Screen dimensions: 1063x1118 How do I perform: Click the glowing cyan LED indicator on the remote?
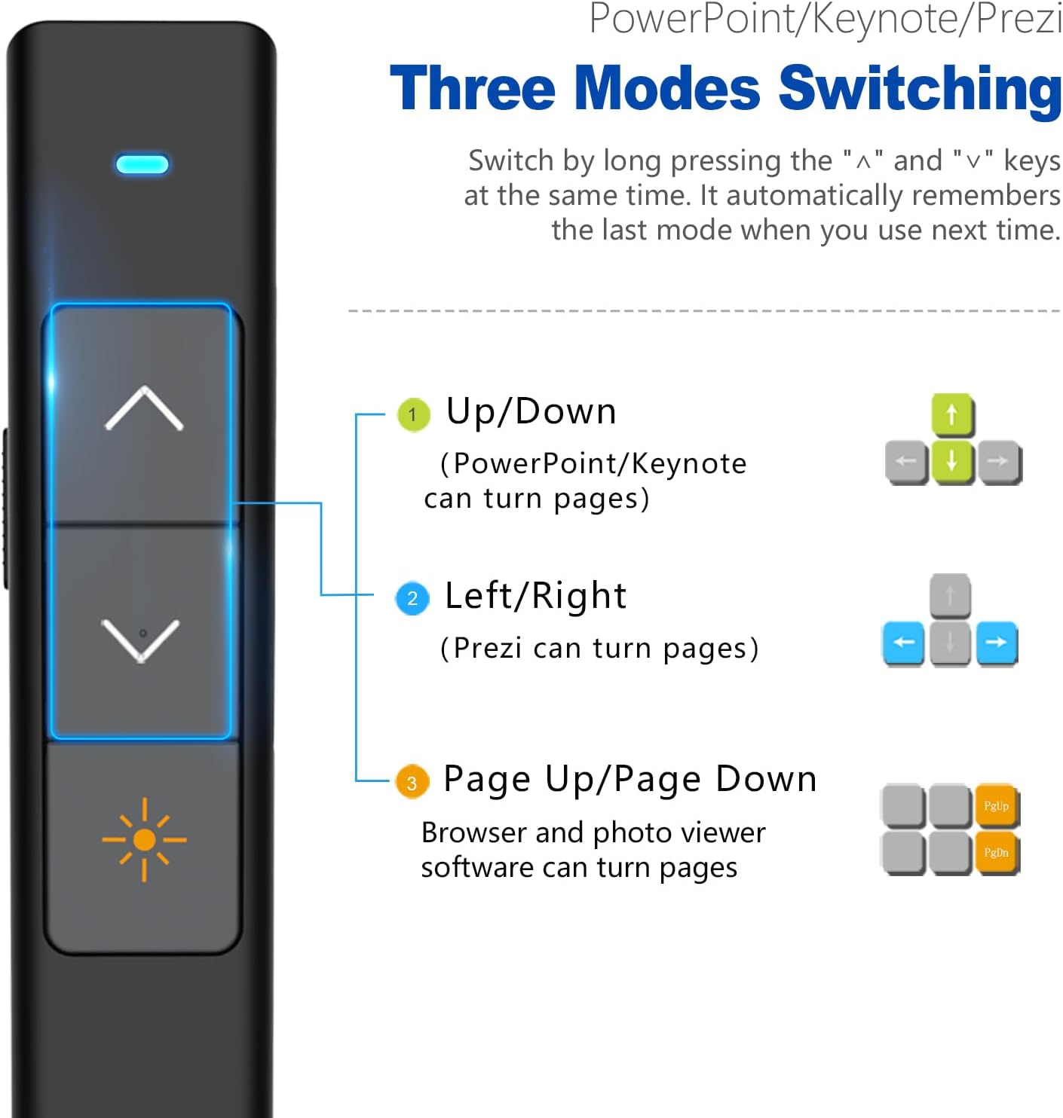tap(142, 164)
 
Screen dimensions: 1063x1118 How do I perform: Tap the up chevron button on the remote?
tap(144, 408)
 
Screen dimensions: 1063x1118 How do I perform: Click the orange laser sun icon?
tap(144, 839)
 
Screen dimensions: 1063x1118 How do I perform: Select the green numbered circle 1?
tap(414, 414)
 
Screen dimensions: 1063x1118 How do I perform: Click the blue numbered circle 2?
tap(412, 598)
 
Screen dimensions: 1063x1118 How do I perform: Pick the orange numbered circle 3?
tap(412, 782)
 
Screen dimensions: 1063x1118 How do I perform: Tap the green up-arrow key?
tap(952, 414)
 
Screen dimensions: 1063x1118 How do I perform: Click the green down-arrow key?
tap(952, 461)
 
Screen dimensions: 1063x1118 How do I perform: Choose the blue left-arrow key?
tap(903, 643)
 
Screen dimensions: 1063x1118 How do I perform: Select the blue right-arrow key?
tap(997, 643)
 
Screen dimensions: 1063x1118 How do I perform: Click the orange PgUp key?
tap(997, 806)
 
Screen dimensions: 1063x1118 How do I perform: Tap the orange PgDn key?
tap(997, 852)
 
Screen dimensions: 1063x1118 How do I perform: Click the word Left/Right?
tap(535, 597)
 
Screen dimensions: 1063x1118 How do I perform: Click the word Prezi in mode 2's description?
tap(489, 649)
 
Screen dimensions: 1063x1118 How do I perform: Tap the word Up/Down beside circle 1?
tap(531, 412)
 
